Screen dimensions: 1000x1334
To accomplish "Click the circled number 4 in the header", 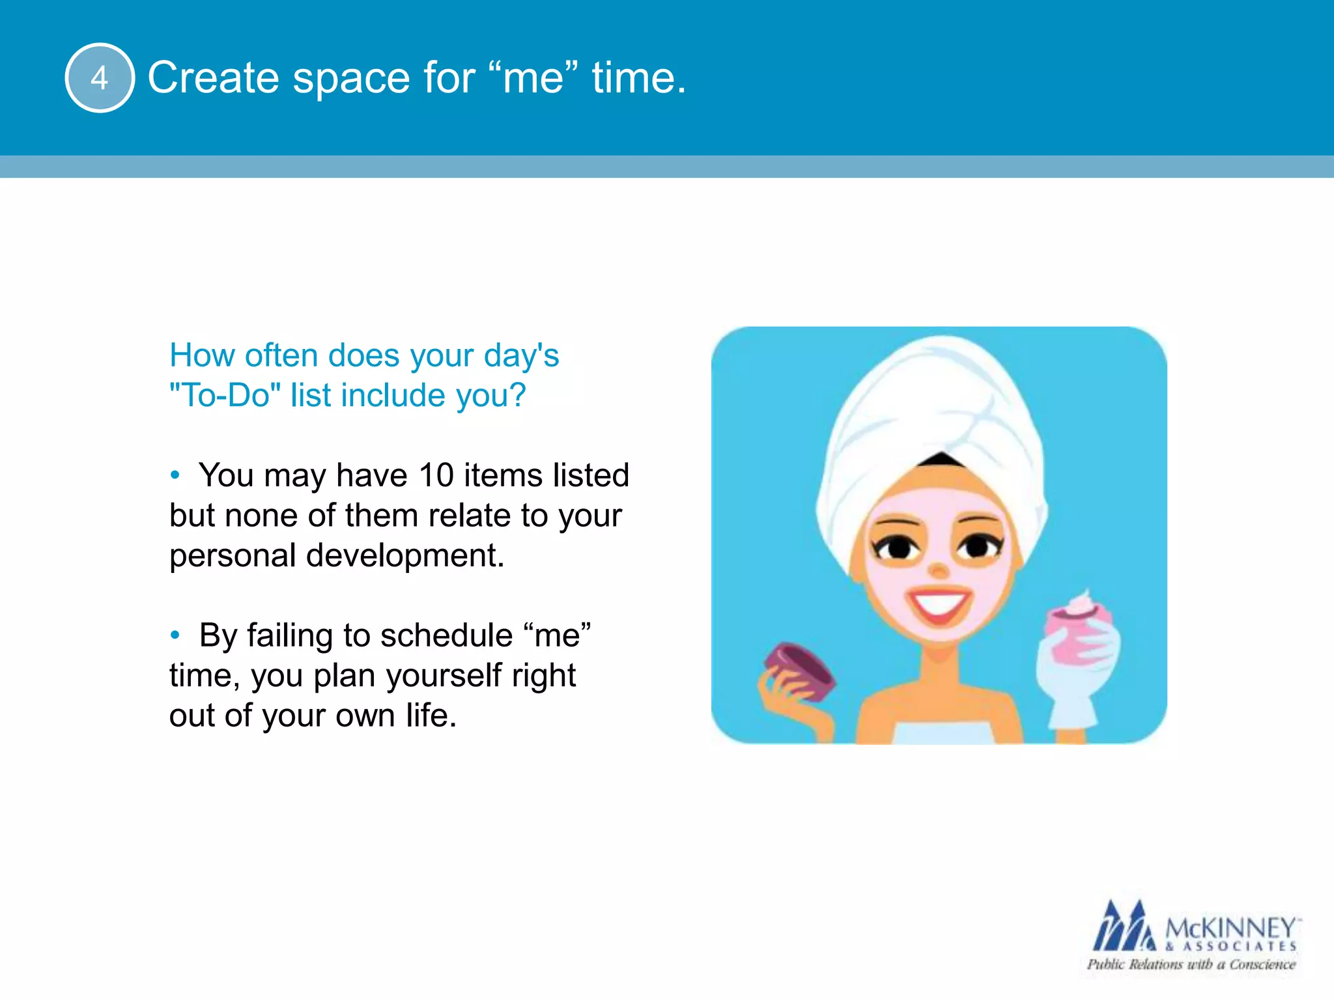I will (100, 77).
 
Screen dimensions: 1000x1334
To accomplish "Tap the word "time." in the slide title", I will (638, 77).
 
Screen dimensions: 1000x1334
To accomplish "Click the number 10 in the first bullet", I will (436, 475).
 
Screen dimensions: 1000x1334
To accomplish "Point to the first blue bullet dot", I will (175, 475).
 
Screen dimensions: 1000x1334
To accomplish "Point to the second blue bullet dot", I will (175, 635).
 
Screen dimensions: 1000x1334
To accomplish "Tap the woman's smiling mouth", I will (939, 604).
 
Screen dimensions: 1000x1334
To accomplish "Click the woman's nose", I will (938, 570).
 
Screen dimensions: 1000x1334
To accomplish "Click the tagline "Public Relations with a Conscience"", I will (1191, 965).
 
